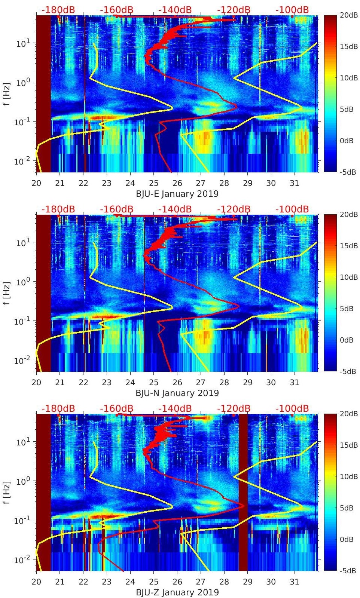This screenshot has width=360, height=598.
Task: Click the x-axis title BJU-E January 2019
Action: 177,193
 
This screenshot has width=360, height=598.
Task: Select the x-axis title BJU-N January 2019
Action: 177,393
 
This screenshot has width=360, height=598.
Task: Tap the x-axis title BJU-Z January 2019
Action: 177,592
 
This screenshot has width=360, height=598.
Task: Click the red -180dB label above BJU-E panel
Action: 58,10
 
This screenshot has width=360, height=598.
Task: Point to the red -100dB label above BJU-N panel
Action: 292,209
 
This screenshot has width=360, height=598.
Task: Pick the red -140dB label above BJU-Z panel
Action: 175,408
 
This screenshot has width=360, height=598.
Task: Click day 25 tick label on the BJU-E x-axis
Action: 153,183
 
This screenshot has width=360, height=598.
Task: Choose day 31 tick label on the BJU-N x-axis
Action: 295,383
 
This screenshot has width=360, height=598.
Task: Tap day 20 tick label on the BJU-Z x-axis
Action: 36,582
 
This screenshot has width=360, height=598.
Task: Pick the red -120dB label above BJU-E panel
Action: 234,10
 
